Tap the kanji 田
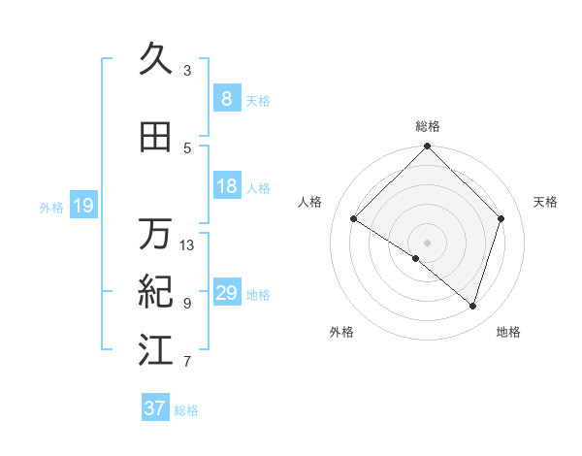155,138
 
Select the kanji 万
155,234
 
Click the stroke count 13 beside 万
187,245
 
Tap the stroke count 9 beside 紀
187,303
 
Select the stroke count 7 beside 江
187,362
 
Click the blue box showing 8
226,98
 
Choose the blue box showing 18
226,186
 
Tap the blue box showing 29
226,293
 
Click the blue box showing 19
82,206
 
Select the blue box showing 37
155,408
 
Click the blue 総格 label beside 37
186,410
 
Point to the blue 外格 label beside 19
51,207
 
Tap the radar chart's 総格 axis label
428,127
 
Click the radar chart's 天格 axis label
545,202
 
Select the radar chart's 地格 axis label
508,332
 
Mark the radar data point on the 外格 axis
416,259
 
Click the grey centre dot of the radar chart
428,242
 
